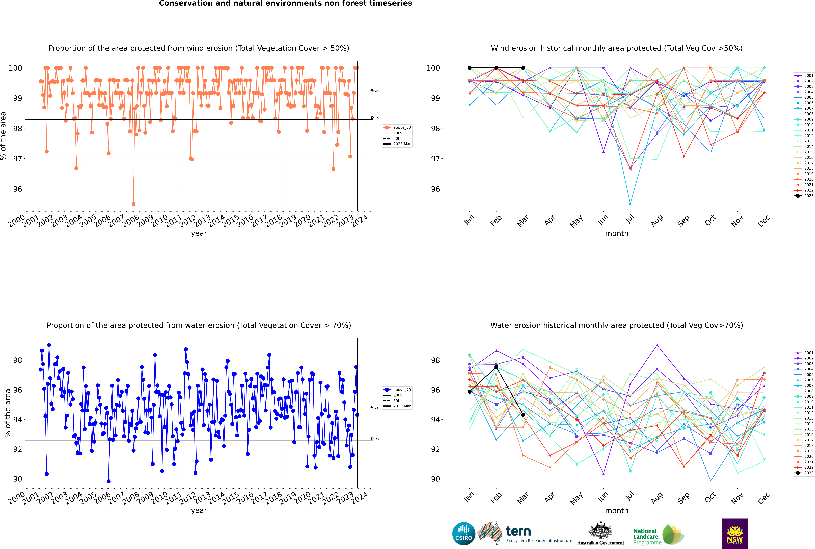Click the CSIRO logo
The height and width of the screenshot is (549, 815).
tap(464, 534)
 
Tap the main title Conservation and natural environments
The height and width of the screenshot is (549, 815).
tap(285, 3)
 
